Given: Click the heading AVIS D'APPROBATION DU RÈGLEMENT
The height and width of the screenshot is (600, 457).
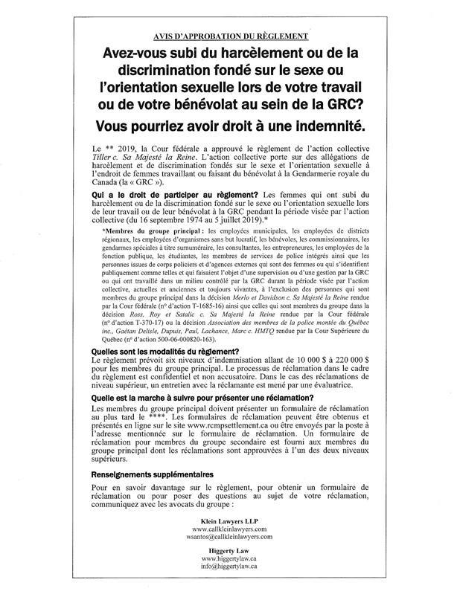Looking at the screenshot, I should pos(228,36).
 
